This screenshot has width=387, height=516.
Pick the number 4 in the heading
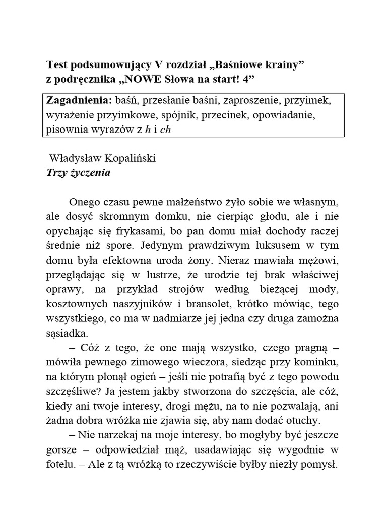(x=244, y=79)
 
